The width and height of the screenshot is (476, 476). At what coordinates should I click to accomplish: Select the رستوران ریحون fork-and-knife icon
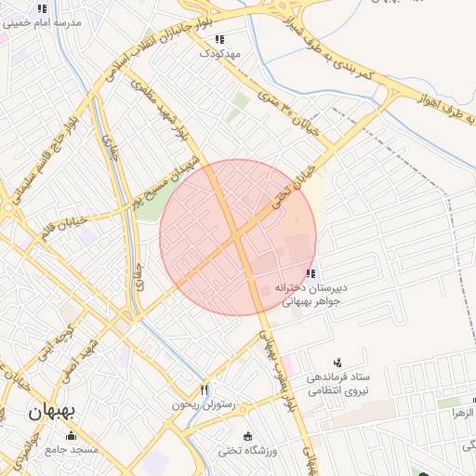[205, 390]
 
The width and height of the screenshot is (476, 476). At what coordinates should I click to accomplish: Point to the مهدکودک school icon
[219, 40]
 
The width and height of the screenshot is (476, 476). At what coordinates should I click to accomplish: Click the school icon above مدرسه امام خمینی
[41, 8]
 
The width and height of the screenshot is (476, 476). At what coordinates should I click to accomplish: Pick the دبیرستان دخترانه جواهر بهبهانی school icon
[310, 273]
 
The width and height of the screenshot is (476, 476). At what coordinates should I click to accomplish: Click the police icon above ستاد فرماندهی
[337, 362]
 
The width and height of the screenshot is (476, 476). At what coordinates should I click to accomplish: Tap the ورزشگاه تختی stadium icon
[247, 436]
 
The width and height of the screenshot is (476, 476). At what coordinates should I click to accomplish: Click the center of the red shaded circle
[238, 238]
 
